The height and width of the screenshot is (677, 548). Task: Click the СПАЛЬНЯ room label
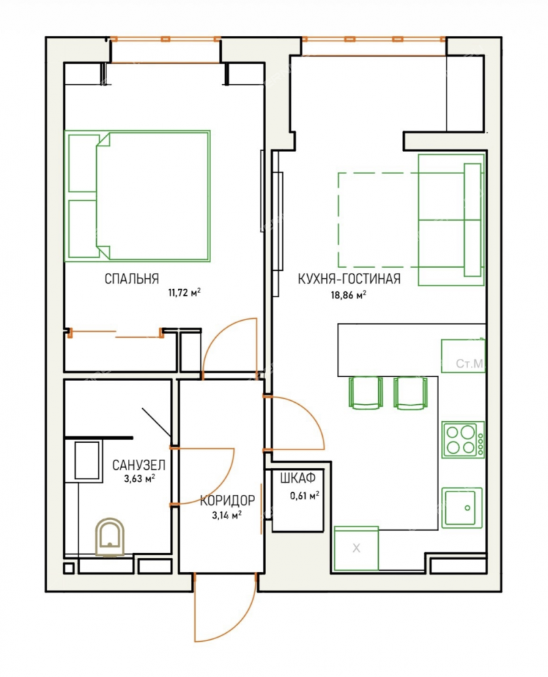point(132,279)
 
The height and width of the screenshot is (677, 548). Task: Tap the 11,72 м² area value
point(184,293)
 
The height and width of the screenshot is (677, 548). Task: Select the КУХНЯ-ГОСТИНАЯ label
point(349,279)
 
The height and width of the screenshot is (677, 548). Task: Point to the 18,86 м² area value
point(348,295)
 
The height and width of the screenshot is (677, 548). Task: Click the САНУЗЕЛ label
point(139,465)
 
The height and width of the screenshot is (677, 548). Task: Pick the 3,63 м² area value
point(139,479)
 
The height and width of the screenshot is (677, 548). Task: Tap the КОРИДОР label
point(227,500)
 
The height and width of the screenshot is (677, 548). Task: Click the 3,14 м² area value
point(227,515)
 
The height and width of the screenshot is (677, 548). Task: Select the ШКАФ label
point(298,478)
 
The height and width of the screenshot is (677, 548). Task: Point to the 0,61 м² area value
point(304,496)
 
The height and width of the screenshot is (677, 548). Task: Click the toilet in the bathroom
point(110,537)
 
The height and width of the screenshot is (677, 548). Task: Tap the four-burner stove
point(463,439)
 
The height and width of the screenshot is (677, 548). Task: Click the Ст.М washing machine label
point(470,364)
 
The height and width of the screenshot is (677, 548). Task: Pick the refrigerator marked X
point(357,548)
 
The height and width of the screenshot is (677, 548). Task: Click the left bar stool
point(365,392)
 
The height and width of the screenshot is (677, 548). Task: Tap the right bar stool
point(411,392)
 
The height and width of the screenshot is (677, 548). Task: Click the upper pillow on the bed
point(83,163)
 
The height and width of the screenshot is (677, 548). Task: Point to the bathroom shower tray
point(87,460)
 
